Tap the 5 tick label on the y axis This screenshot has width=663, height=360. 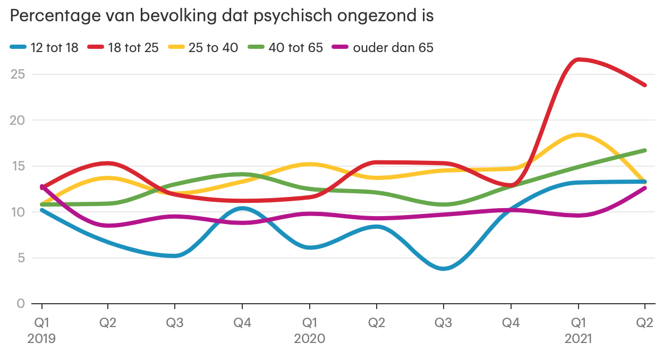(21, 258)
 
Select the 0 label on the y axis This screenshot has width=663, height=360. (21, 304)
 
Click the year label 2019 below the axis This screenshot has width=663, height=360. (41, 339)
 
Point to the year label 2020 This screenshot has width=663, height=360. (309, 339)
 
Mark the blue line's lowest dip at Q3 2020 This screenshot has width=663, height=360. (444, 269)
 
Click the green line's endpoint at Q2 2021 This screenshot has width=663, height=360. (645, 150)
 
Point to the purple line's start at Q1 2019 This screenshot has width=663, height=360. (41, 186)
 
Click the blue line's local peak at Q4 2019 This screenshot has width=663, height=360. (242, 208)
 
